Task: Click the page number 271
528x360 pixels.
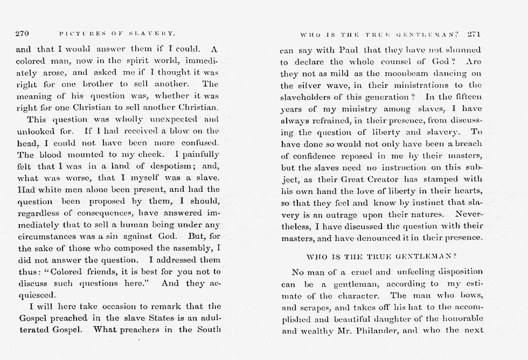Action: (474, 34)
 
